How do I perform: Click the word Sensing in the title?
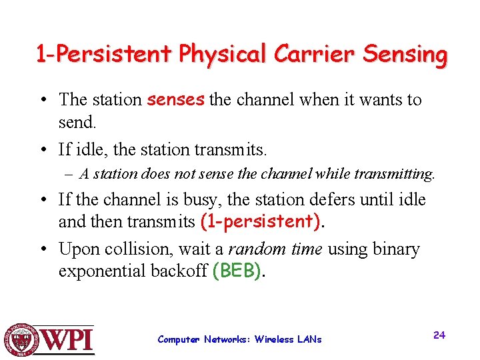click(x=405, y=55)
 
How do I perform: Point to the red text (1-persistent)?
click(x=261, y=221)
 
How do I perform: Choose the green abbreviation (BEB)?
click(x=237, y=271)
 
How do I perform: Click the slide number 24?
click(x=439, y=335)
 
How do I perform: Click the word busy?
click(x=204, y=199)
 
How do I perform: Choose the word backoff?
click(x=181, y=271)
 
